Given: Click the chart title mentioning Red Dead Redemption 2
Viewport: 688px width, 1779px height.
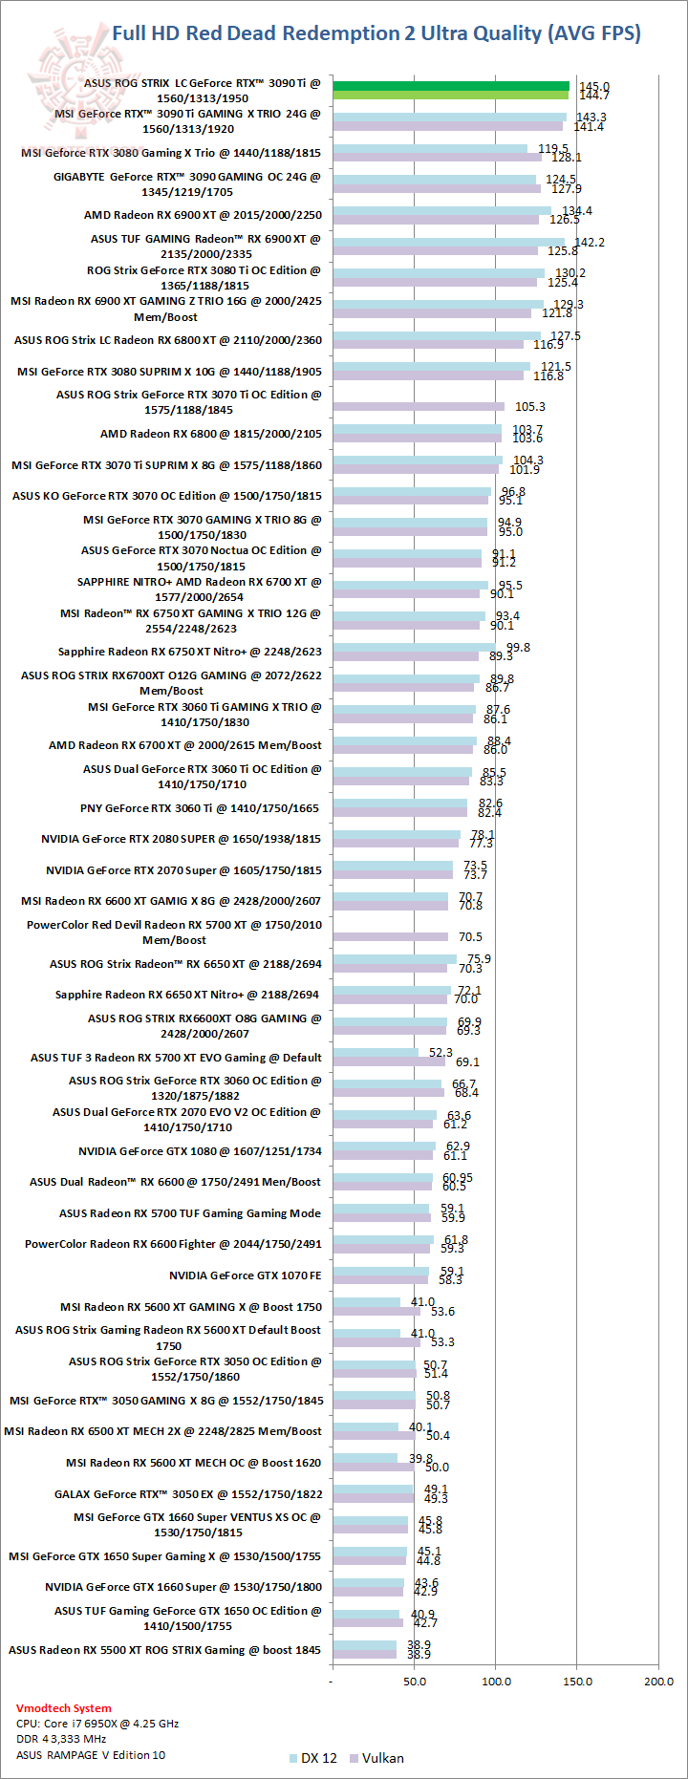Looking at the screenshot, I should click(376, 33).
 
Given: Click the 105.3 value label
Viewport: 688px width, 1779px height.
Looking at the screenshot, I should click(530, 407).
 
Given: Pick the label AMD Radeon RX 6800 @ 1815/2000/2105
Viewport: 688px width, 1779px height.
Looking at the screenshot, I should click(211, 434).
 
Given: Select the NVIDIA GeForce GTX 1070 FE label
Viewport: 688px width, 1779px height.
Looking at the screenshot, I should click(246, 1275).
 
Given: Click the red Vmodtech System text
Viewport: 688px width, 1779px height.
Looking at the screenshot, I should click(64, 1708).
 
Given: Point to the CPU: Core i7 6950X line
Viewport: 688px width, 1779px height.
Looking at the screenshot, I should click(97, 1724).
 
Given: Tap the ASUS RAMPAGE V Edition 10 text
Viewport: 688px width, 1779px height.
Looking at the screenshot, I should click(91, 1755).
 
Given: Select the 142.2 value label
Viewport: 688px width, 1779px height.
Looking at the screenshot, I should click(589, 243).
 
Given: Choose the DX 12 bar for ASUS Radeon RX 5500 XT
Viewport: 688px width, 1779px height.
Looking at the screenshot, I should click(364, 1645).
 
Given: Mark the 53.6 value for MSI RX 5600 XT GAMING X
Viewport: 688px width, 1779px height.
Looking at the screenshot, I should click(442, 1311).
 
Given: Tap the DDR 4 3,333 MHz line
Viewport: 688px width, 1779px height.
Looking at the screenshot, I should click(61, 1739).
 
